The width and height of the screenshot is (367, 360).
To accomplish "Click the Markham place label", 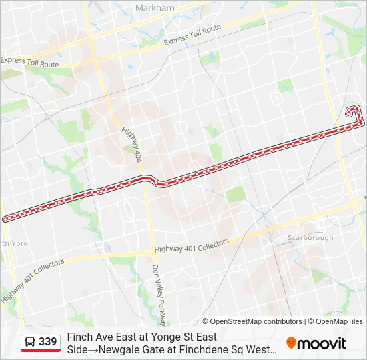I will click(x=154, y=8).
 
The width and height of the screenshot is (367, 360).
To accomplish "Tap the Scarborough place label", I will click(x=310, y=238).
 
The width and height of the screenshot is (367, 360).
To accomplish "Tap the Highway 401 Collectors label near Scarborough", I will click(x=192, y=245).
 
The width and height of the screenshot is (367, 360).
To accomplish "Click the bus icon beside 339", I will click(x=30, y=342).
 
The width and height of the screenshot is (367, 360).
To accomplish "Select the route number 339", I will click(x=48, y=342).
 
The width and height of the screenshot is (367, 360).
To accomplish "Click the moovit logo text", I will click(x=322, y=343).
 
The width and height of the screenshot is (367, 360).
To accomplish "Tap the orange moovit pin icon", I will click(x=291, y=343).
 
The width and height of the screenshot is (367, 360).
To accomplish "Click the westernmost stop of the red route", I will click(x=5, y=219).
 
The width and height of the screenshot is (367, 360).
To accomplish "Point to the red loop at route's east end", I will click(x=354, y=114).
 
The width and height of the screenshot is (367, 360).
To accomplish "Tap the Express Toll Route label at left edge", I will click(x=30, y=62).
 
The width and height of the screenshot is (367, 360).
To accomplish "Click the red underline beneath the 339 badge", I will click(x=41, y=351).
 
